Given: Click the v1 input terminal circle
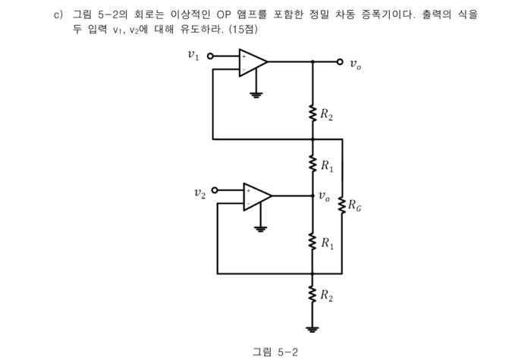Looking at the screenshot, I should tap(210, 55).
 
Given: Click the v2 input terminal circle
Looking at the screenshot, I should tap(215, 189).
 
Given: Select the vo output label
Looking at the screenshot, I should tap(356, 65).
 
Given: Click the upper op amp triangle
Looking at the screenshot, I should tap(253, 63).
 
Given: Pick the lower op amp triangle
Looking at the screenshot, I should tap(256, 196).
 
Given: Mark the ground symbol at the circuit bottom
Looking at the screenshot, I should tap(313, 328).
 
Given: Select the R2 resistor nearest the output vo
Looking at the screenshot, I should tap(313, 114).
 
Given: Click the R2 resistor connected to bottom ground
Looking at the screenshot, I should tap(313, 296).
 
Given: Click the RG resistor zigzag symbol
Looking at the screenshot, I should tap(342, 205).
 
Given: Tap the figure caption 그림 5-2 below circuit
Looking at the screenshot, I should tap(276, 351).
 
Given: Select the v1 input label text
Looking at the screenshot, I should tap(194, 55).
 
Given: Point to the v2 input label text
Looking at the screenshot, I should tap(199, 193).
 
